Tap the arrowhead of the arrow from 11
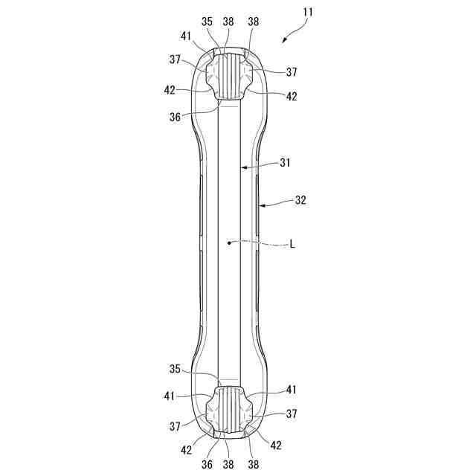284,42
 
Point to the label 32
300,200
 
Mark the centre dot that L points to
230,242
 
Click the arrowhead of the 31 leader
241,168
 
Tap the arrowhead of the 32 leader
260,202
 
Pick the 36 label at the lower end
206,463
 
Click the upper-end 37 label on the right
292,73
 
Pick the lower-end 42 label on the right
277,445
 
